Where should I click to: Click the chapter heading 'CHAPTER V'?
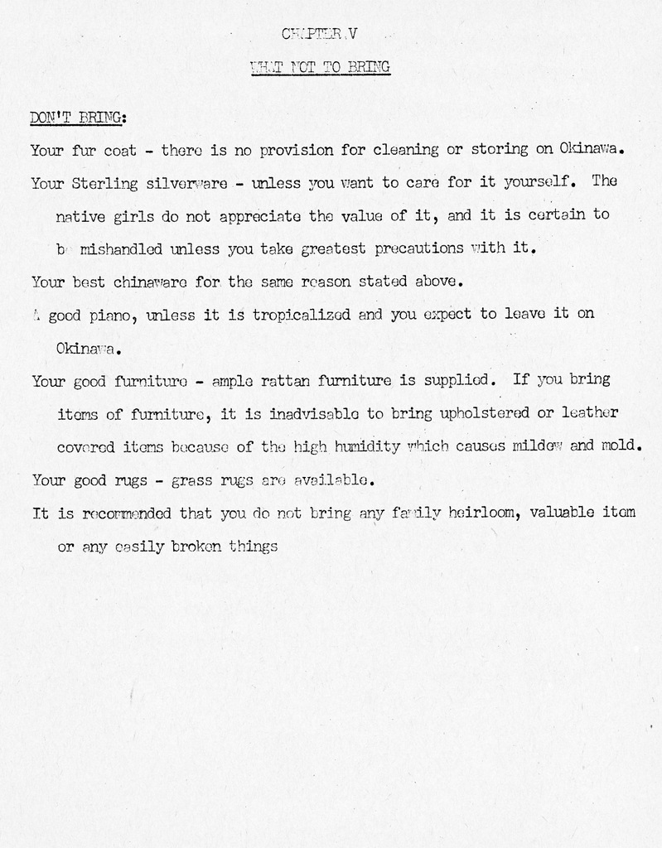319,34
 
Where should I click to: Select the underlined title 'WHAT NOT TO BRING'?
320,68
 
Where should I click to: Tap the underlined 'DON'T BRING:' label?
78,118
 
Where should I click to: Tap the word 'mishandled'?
122,248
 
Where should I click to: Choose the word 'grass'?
191,479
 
